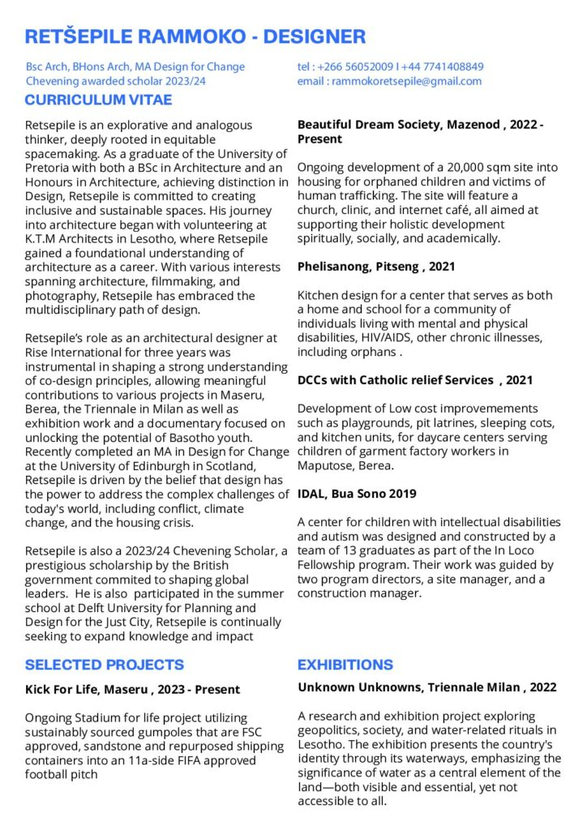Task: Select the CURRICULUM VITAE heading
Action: tap(98, 101)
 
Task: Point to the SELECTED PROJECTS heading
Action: tap(105, 665)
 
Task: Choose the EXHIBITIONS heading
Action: tap(345, 665)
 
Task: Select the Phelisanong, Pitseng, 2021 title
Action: tap(376, 266)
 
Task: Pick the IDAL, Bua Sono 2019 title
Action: tap(357, 493)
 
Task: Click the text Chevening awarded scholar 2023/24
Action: tap(116, 81)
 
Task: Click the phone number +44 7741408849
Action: tap(445, 66)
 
